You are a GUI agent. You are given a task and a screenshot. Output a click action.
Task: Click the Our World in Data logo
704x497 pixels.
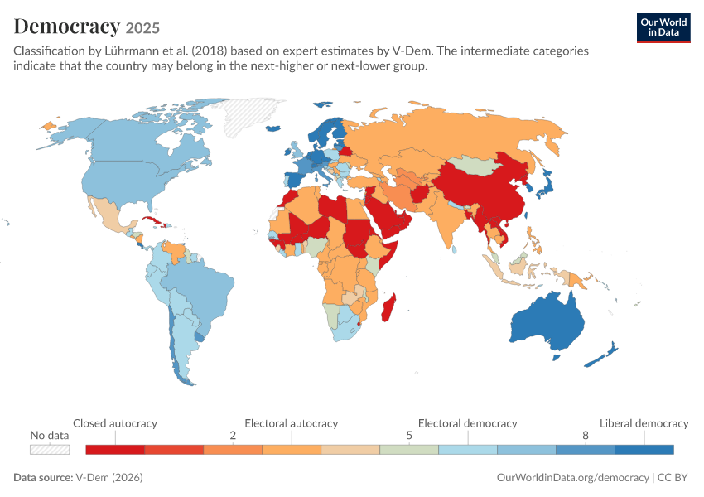coord(663,28)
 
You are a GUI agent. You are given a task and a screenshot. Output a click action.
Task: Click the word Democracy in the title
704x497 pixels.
coord(67,27)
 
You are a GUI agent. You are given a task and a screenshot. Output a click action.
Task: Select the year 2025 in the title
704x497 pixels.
coord(142,28)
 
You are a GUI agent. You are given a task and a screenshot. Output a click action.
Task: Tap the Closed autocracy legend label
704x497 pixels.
coord(115,423)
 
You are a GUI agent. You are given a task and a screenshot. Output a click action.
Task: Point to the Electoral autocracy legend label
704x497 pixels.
coord(292,423)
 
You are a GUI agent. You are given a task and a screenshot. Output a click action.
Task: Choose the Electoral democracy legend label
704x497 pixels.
coord(467,423)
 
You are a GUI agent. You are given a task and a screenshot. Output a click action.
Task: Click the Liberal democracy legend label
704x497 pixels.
coord(644,423)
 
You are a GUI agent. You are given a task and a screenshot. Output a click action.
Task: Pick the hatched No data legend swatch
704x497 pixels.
coord(50,450)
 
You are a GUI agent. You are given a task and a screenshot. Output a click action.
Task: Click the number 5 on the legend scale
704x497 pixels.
coord(409,435)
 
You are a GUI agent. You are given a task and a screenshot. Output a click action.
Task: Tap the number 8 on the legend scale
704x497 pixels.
coord(585,435)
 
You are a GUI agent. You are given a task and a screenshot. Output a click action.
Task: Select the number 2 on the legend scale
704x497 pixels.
coord(233,435)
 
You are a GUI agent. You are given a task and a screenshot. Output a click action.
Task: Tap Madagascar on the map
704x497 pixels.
coord(388,308)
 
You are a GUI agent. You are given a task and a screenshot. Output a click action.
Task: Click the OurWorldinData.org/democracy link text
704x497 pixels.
coord(572,477)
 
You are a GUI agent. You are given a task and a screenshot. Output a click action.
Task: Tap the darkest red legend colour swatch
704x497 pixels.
coord(115,450)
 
